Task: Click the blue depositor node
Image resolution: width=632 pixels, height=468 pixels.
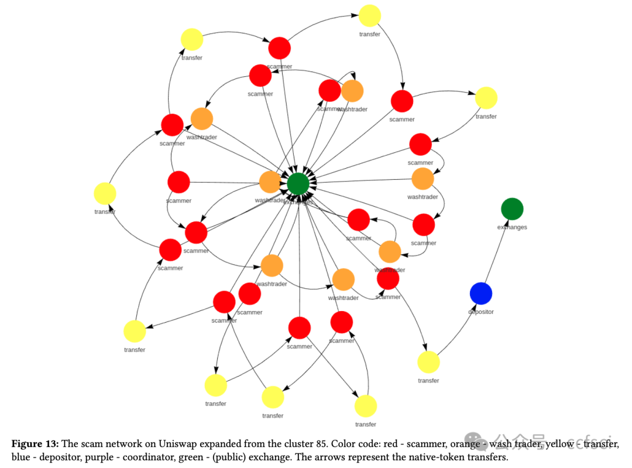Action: click(x=480, y=293)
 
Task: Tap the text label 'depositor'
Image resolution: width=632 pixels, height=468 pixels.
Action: click(x=480, y=312)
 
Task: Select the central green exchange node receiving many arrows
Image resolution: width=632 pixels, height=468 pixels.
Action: click(x=298, y=184)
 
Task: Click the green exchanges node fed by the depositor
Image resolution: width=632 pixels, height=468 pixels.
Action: click(x=512, y=209)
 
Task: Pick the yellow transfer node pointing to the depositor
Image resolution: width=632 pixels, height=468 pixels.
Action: click(x=428, y=362)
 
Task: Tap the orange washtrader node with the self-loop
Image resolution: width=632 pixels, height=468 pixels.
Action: click(x=352, y=91)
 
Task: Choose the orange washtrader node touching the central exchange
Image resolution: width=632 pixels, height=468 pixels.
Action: click(x=270, y=182)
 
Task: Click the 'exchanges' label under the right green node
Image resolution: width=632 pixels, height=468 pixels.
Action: click(x=512, y=227)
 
